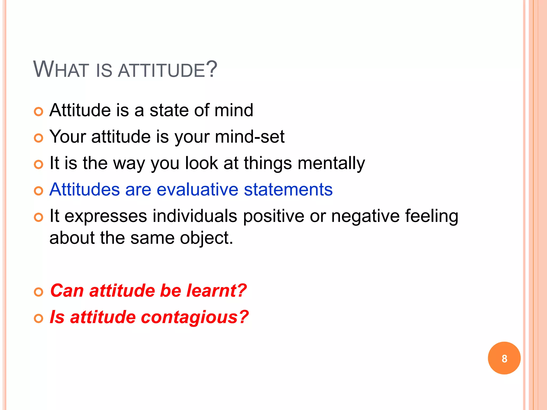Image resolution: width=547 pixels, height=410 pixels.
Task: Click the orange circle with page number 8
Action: click(x=504, y=358)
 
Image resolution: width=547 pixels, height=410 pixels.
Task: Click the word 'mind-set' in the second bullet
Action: click(x=250, y=137)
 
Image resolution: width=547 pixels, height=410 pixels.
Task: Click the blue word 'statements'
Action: click(x=288, y=190)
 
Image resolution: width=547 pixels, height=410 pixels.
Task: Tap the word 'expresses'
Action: click(x=106, y=216)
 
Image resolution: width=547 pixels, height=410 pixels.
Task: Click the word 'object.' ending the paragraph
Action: click(x=206, y=238)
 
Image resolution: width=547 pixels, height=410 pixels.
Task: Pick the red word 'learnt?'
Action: click(x=216, y=290)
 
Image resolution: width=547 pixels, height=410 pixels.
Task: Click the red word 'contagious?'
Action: click(x=195, y=317)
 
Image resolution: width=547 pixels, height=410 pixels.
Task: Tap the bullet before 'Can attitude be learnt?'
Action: click(x=38, y=292)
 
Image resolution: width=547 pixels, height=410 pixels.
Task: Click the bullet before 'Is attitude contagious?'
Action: click(x=38, y=318)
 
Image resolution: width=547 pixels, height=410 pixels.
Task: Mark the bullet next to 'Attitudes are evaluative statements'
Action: click(x=38, y=191)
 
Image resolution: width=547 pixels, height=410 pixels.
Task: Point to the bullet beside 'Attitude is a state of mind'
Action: click(x=38, y=112)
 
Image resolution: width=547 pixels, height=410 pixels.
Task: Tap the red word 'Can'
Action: click(x=67, y=290)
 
